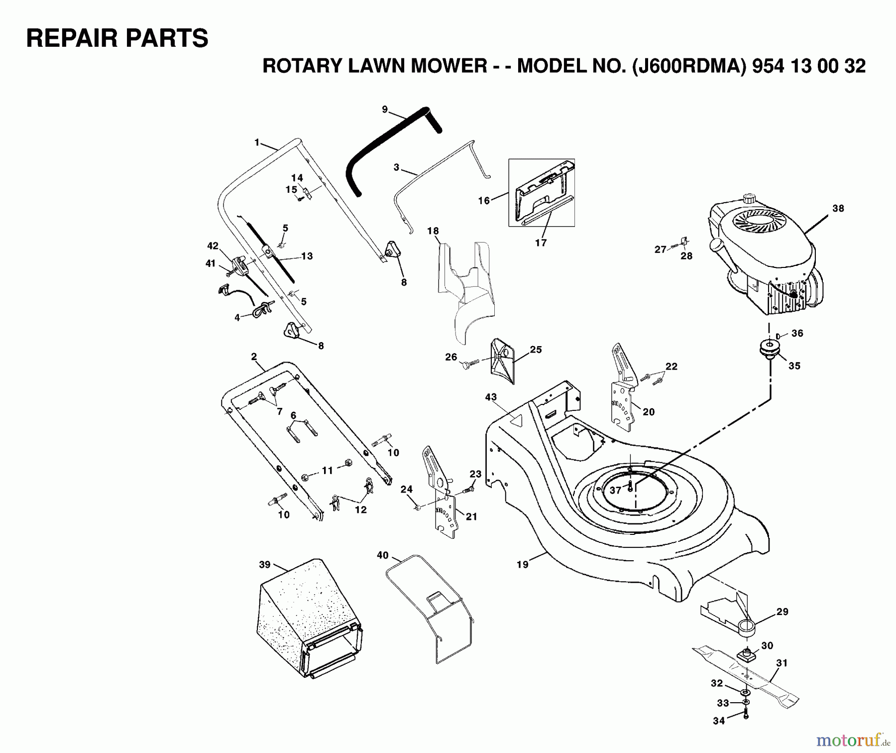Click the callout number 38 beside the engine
tap(838, 208)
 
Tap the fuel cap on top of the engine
tap(749, 198)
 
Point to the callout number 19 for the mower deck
tap(522, 565)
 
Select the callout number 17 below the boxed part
tap(541, 243)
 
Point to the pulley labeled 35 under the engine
tap(770, 348)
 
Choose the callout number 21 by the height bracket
tap(471, 516)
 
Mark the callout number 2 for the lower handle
tap(254, 357)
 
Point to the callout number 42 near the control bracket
tap(213, 246)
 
